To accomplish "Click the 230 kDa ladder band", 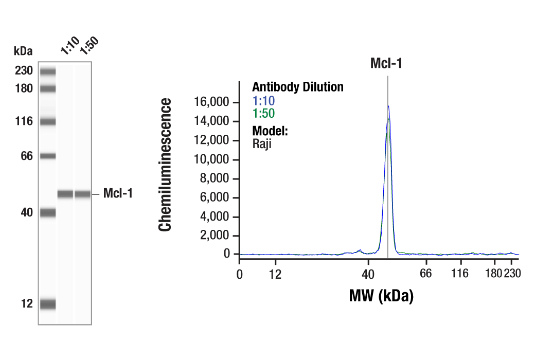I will tap(48, 71).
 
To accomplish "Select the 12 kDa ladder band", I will tap(48, 304).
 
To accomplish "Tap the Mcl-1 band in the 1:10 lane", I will tap(65, 194).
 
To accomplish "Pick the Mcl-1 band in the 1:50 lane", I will tap(83, 194).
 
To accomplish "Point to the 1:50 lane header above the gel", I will tap(88, 46).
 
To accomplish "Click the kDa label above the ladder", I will tap(23, 51).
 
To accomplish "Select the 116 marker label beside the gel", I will tap(24, 121).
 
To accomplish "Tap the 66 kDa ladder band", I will tap(48, 156).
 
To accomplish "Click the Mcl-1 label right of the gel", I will tap(118, 193).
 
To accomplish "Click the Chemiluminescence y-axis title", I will tap(165, 165).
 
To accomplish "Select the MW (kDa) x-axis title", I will tap(381, 296).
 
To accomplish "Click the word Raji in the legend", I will tap(261, 144).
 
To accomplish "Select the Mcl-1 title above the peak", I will tap(386, 64).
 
